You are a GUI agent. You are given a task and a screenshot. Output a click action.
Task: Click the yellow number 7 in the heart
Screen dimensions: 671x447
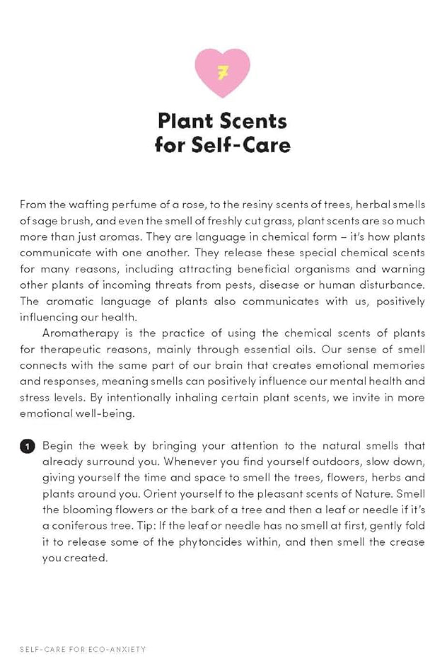pos(223,71)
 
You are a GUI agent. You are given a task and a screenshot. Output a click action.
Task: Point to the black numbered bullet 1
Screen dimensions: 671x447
pos(27,447)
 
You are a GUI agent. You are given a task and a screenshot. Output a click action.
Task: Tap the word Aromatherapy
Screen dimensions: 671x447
pos(81,333)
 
